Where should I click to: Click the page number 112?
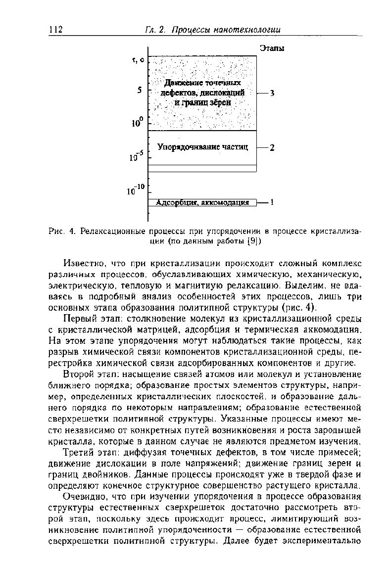pos(56,30)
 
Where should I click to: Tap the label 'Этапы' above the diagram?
pos(272,48)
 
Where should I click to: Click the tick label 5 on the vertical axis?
pos(140,91)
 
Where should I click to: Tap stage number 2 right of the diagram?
pos(272,147)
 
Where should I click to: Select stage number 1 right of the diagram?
pos(272,202)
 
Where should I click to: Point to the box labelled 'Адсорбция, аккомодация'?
pos(202,202)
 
